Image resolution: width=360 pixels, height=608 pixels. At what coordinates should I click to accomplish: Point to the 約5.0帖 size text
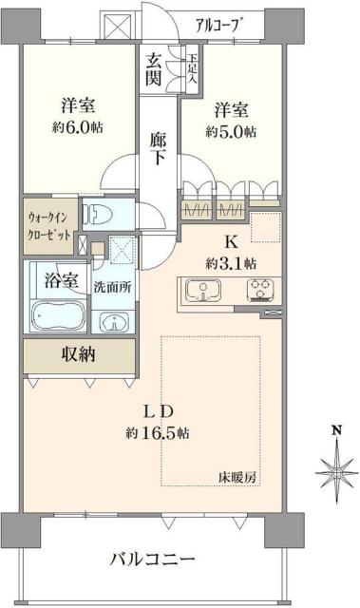click(x=232, y=132)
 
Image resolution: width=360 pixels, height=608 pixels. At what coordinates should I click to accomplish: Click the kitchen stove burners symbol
click(x=259, y=289)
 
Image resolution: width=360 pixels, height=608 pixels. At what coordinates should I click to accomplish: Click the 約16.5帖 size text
click(x=157, y=432)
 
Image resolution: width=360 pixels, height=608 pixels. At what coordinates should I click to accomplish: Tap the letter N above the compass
click(x=335, y=430)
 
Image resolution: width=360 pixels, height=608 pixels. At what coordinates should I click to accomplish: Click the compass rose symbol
click(x=335, y=467)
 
